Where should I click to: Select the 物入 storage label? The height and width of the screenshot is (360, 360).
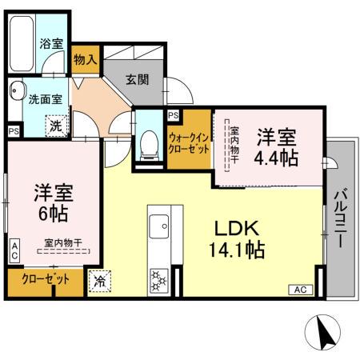(x=85, y=58)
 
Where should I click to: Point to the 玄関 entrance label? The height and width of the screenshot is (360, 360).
(x=137, y=79)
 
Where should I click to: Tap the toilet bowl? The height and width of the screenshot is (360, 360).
(x=148, y=145)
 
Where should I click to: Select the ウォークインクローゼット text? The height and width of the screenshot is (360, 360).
(x=189, y=143)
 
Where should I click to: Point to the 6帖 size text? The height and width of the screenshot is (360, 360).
(x=51, y=214)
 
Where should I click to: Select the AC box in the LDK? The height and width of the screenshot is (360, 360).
(x=300, y=289)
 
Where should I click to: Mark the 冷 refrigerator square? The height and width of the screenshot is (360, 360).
(x=100, y=281)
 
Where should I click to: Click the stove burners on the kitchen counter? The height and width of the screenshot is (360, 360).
(x=157, y=280)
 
